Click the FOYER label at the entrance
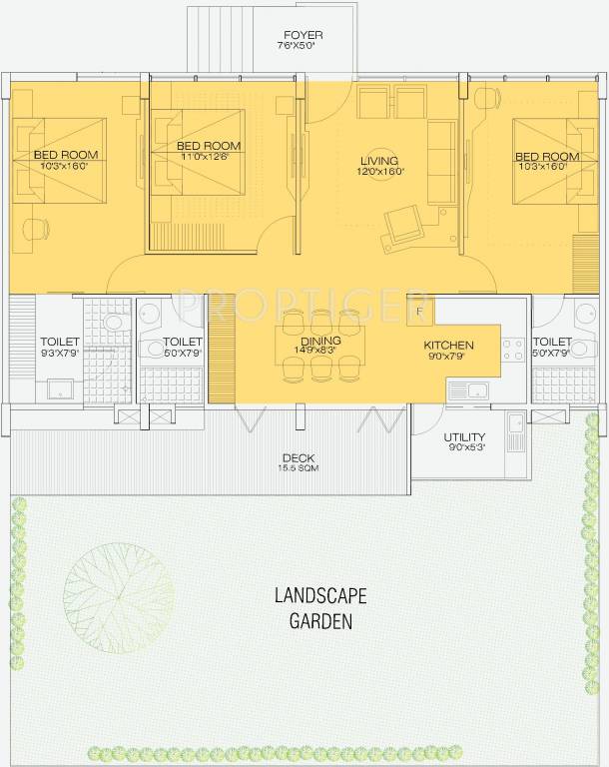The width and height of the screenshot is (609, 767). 303,35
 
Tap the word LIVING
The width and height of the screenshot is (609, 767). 379,161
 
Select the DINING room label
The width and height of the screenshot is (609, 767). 319,341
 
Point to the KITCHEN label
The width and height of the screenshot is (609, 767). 447,346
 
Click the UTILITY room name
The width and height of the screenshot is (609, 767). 464,437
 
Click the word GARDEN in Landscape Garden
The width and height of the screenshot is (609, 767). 321,620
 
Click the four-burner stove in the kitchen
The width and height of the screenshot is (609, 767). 513,351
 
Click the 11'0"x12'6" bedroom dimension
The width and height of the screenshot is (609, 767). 204,157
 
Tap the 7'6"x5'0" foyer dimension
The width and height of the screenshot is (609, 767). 303,46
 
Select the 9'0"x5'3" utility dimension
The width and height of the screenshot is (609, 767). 464,448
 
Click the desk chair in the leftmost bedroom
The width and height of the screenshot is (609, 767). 36,228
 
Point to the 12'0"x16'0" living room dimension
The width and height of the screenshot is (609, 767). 379,172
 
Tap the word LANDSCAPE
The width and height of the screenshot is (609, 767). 321,596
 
